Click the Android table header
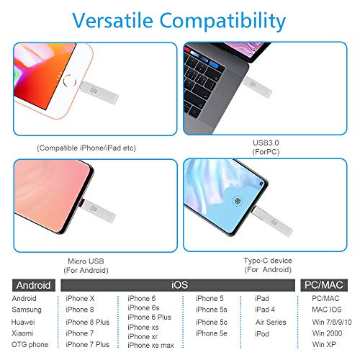32,284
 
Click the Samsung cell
27,310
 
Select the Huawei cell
24,322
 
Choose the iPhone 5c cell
212,322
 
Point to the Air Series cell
271,322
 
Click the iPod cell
263,334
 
